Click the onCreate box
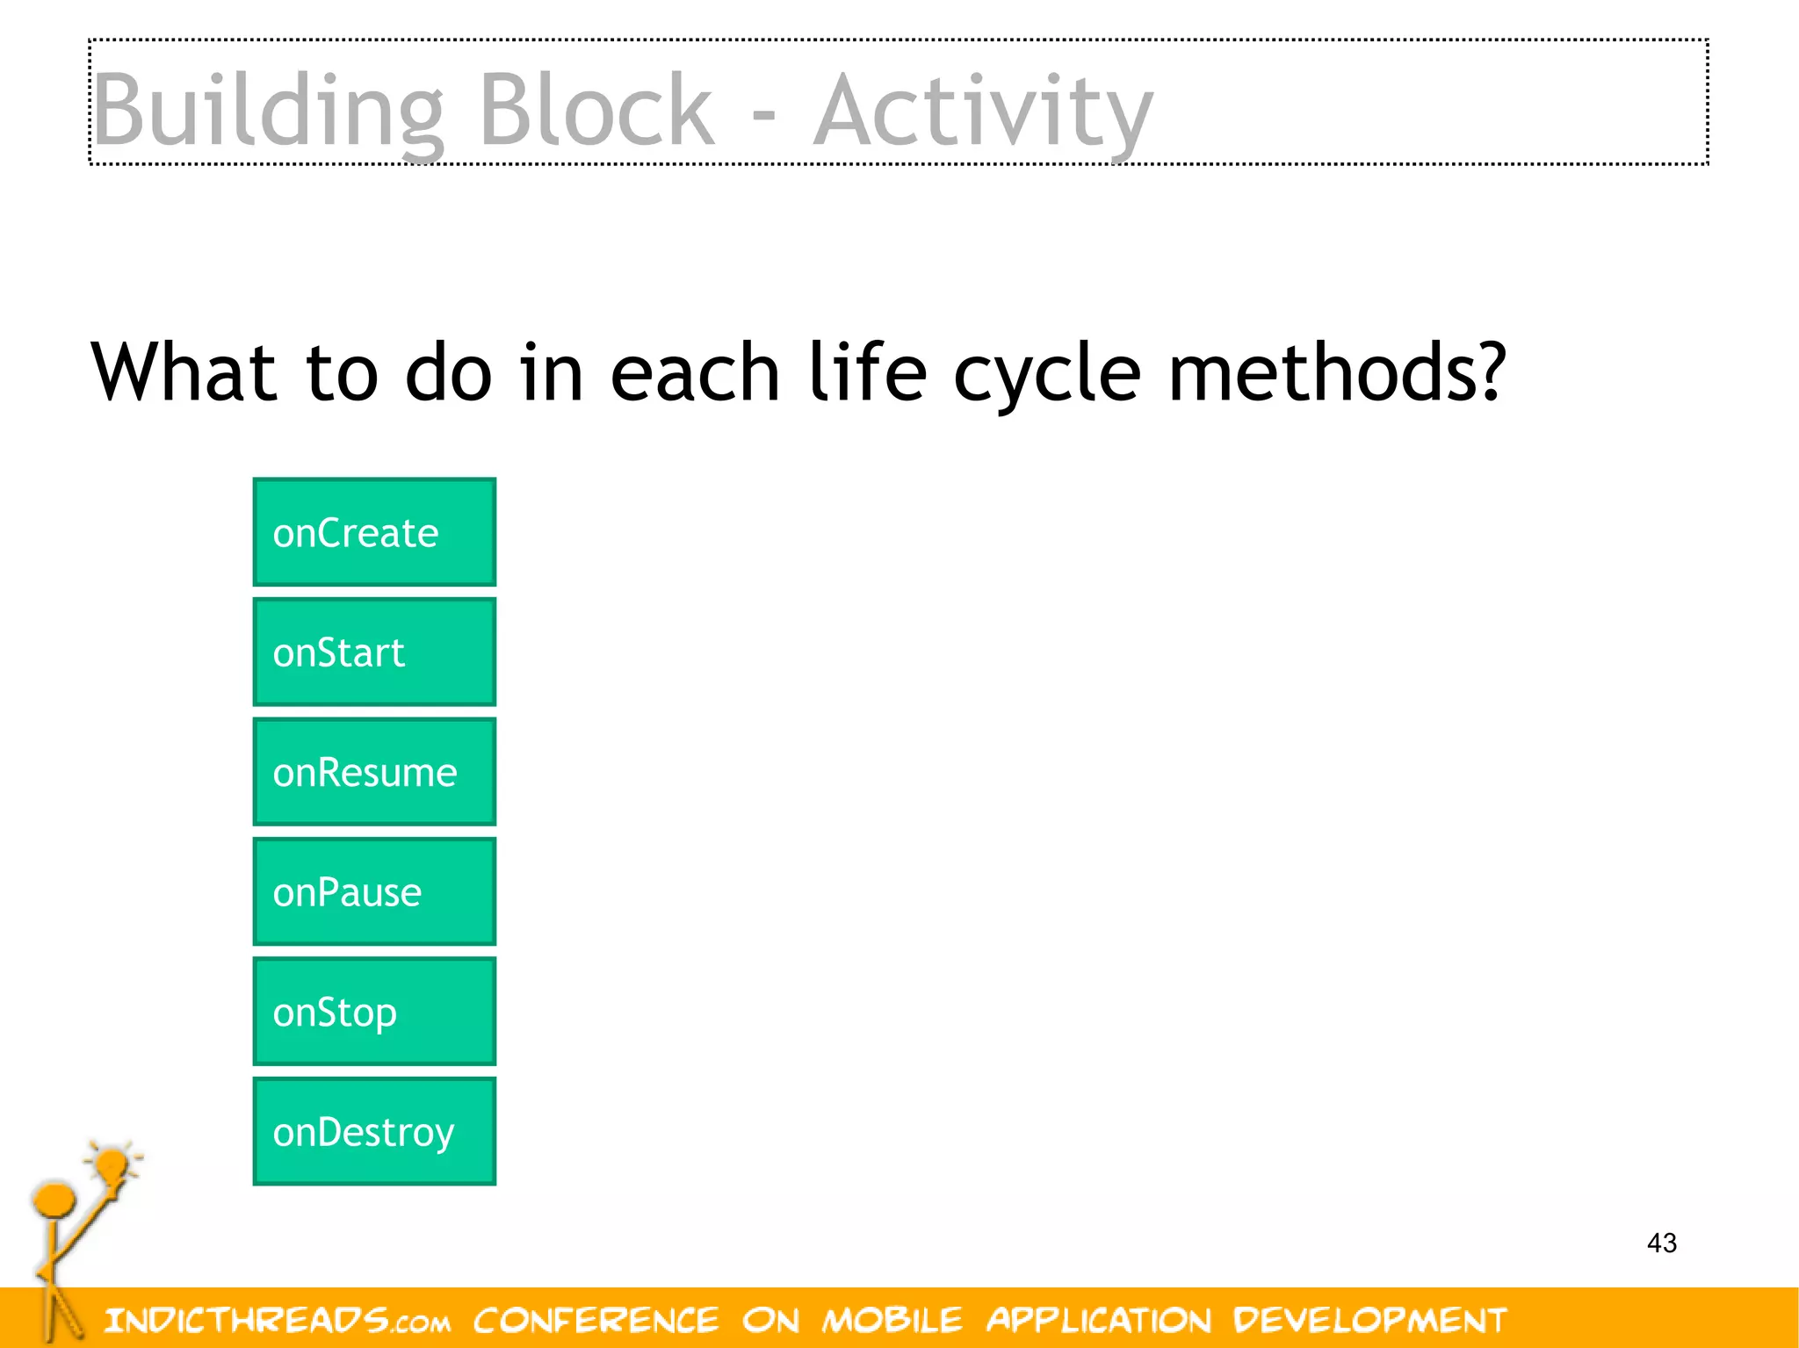(374, 532)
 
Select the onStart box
(374, 652)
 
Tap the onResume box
(374, 772)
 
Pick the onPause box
(374, 891)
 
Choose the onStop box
(374, 1012)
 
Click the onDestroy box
(374, 1131)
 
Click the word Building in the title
(268, 112)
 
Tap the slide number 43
(1661, 1243)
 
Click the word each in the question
(694, 372)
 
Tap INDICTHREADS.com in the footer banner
(277, 1320)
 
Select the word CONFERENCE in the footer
(596, 1320)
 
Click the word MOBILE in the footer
(892, 1320)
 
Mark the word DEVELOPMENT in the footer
(1369, 1320)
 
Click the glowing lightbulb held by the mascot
(112, 1165)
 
